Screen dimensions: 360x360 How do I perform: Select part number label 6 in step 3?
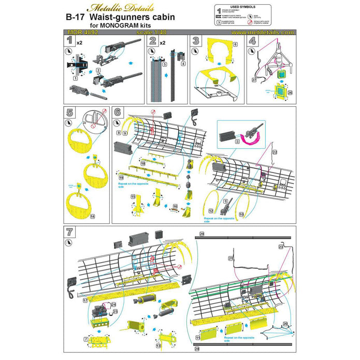(x=235, y=45)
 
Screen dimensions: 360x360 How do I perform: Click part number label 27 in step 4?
(x=255, y=80)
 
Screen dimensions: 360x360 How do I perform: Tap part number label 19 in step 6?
(x=120, y=178)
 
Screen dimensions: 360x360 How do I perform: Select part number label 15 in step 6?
(x=133, y=197)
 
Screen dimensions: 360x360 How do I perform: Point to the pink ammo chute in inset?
(x=257, y=136)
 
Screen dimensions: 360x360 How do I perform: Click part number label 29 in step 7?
(x=201, y=235)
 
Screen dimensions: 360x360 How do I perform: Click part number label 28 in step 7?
(x=197, y=349)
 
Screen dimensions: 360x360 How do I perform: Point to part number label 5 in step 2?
(x=164, y=66)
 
